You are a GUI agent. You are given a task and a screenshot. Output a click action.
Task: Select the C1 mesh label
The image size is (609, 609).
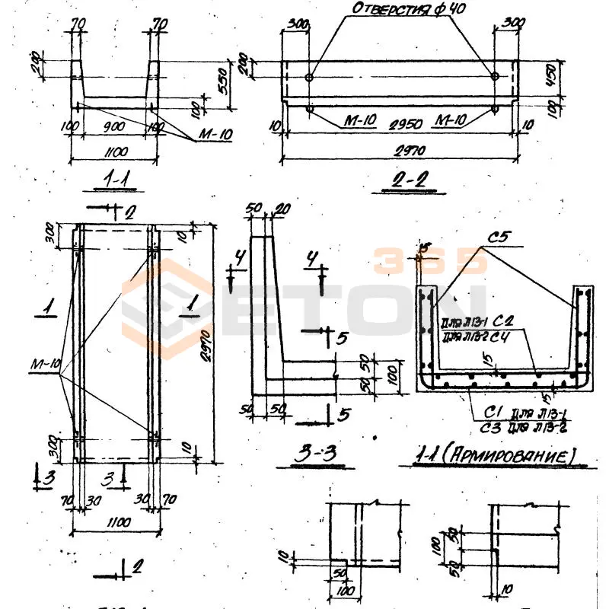tap(483, 413)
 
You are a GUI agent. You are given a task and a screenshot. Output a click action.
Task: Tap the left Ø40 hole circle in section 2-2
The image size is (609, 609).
tap(309, 78)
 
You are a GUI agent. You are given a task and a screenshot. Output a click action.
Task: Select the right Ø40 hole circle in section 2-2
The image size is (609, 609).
tap(495, 77)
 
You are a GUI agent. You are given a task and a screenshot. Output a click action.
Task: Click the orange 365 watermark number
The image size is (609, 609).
tap(430, 261)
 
